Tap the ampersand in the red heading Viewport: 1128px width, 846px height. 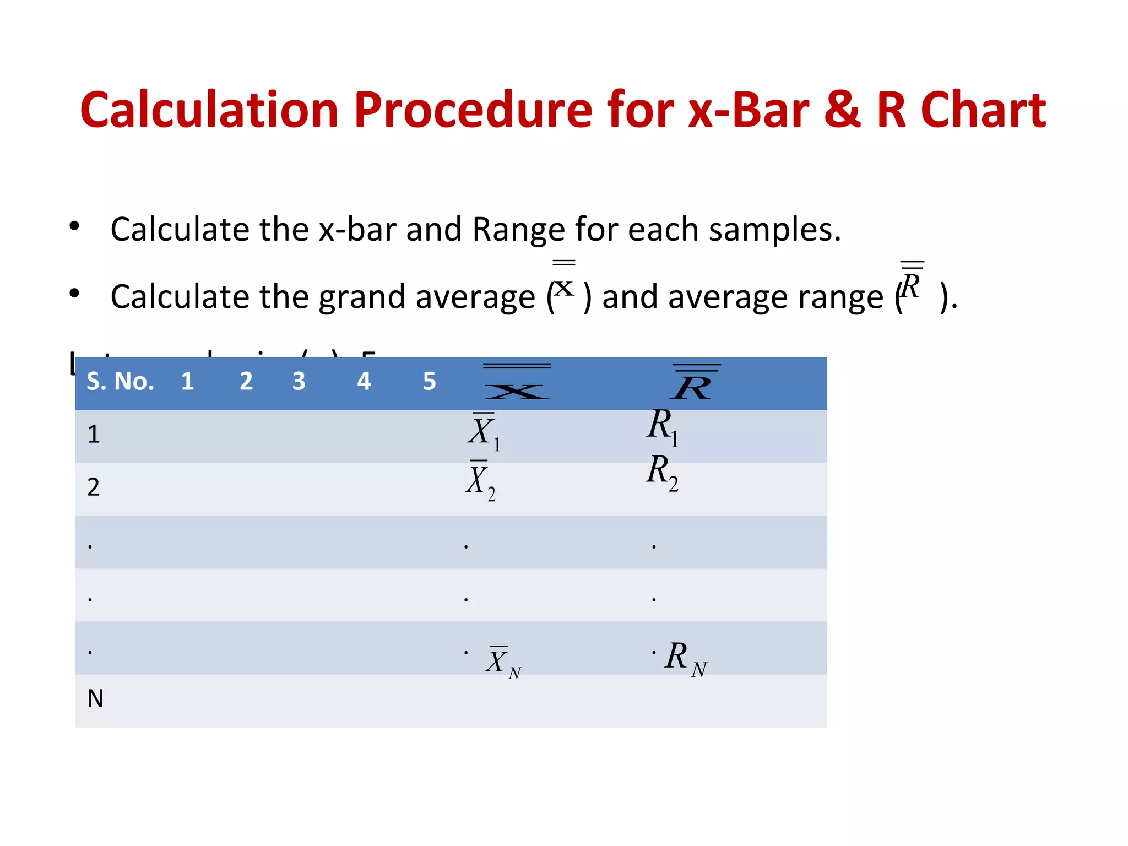pos(842,110)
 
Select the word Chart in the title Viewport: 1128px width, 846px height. pos(983,110)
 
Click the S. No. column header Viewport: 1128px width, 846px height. pos(120,381)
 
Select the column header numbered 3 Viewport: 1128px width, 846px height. pos(299,381)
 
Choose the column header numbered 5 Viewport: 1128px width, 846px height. pos(429,381)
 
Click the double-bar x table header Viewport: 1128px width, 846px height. pos(517,382)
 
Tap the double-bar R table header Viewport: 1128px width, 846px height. pos(695,382)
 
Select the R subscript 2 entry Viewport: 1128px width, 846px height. pos(661,473)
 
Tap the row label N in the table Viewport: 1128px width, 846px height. pos(95,699)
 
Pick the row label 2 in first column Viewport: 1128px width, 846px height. pos(94,487)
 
